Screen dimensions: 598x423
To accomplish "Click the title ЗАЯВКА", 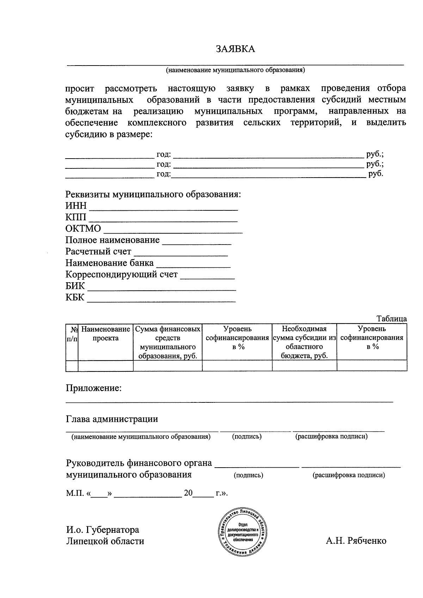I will (x=235, y=49).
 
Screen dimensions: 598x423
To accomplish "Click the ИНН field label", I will (x=76, y=205).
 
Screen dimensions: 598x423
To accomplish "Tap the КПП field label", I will (x=76, y=217).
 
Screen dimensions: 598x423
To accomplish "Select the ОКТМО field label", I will (x=83, y=229).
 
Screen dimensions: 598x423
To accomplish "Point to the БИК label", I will (x=75, y=286).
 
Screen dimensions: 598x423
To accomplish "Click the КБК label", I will (x=75, y=297).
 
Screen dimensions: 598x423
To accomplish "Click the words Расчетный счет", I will (x=98, y=252).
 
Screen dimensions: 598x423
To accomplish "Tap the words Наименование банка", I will (x=110, y=263).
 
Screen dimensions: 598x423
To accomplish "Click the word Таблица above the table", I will (x=392, y=319).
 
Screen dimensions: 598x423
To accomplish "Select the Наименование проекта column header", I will (x=105, y=334).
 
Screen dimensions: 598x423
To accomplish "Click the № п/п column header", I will (x=72, y=334).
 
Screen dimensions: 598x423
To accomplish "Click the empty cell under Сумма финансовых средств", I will (x=167, y=366).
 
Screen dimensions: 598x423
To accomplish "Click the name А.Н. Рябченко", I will (x=356, y=541).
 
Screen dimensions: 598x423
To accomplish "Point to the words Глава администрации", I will (x=112, y=419).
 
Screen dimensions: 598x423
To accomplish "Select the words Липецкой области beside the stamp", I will (x=105, y=541).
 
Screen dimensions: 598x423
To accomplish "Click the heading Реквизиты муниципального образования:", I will (x=153, y=194).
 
